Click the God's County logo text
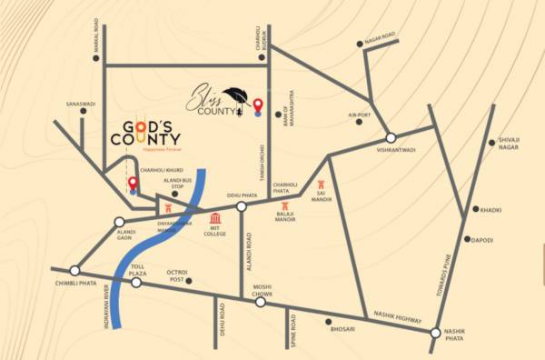click(x=146, y=134)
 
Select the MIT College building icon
click(x=215, y=219)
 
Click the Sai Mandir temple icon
click(x=321, y=185)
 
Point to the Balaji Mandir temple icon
click(x=284, y=206)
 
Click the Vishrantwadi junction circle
click(x=391, y=137)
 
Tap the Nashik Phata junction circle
click(x=436, y=333)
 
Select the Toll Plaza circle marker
click(x=135, y=283)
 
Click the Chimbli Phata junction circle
click(x=74, y=270)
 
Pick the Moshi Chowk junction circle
click(x=261, y=303)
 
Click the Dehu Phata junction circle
click(x=242, y=206)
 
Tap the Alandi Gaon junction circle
click(x=119, y=222)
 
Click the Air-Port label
click(x=361, y=115)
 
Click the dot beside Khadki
click(x=474, y=209)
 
